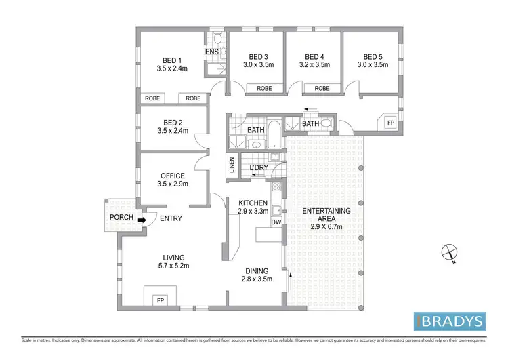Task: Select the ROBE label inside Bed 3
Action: [x=264, y=88]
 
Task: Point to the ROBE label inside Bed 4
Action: [x=321, y=88]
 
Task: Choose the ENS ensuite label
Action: [x=212, y=52]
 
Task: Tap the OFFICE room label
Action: [x=172, y=176]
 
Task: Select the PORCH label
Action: [x=121, y=217]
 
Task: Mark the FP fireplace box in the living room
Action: [x=161, y=299]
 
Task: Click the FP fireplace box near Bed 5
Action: [x=389, y=123]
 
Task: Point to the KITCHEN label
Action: [x=253, y=203]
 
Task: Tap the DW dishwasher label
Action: [x=276, y=222]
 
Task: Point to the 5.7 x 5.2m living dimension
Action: [x=174, y=266]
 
